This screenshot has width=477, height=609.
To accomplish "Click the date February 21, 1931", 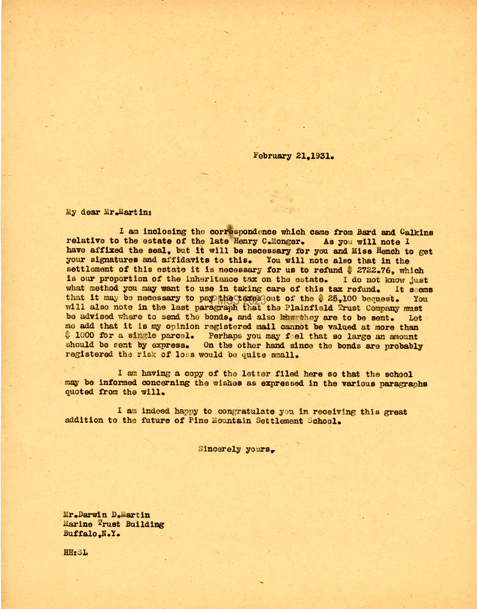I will point(294,156).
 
